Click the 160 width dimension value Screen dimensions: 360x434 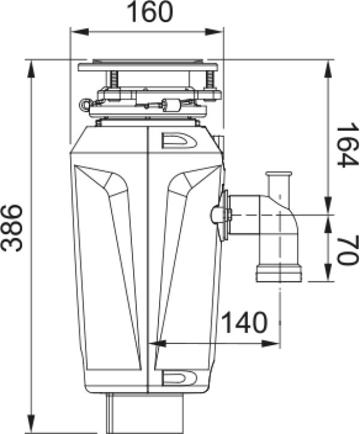[x=149, y=12]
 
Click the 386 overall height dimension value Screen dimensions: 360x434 [x=11, y=228]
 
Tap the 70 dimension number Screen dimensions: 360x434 [x=348, y=250]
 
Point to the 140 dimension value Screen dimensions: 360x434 [x=245, y=322]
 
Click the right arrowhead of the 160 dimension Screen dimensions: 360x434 [x=214, y=32]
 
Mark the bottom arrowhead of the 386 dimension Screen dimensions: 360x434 [x=31, y=423]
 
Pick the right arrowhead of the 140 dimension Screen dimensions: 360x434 [x=271, y=344]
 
